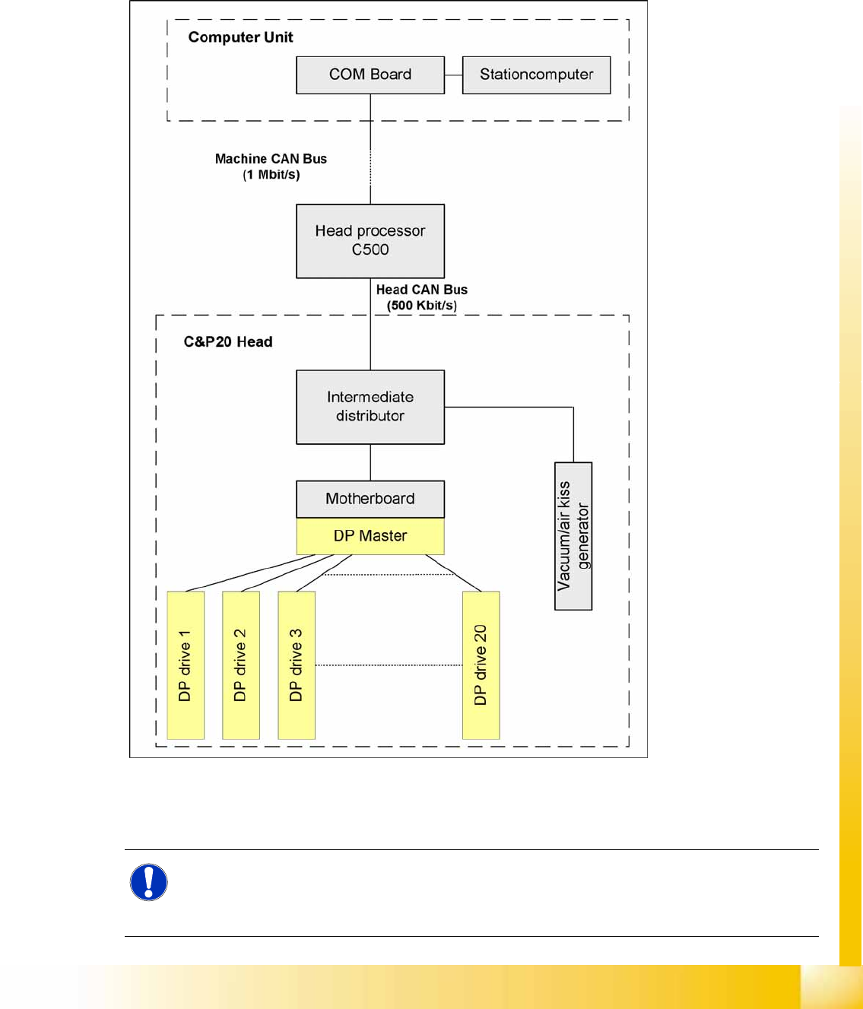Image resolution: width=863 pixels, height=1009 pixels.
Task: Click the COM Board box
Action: (370, 75)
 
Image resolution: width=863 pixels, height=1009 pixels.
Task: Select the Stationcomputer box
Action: (536, 75)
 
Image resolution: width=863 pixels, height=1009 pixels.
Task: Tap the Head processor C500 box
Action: (370, 240)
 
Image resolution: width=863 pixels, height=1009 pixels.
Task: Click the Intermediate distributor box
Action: (370, 407)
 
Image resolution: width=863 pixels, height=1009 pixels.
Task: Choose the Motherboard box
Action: (370, 499)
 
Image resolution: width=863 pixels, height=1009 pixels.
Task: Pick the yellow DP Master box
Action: (370, 536)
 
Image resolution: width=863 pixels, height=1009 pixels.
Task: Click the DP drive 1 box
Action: (186, 665)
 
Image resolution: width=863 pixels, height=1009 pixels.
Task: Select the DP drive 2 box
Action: (241, 665)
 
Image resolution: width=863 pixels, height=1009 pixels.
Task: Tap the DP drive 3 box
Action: (297, 665)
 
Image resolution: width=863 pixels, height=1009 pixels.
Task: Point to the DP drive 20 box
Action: (481, 665)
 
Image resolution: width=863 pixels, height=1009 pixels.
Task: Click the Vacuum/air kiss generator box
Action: (573, 536)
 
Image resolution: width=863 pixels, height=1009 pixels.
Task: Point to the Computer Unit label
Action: (240, 37)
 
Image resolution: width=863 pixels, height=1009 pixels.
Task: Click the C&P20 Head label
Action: (228, 342)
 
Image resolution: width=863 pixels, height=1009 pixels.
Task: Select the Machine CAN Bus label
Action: (271, 159)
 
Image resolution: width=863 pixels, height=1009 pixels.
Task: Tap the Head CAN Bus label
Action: (421, 290)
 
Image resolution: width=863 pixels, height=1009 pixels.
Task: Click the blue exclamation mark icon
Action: (149, 883)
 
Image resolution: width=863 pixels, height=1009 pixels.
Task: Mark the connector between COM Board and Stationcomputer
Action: (453, 75)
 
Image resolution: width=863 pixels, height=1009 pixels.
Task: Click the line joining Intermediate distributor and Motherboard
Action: (370, 462)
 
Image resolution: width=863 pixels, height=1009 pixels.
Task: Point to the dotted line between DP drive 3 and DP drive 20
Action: (389, 665)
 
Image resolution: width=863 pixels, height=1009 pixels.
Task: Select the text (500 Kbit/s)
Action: (421, 306)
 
